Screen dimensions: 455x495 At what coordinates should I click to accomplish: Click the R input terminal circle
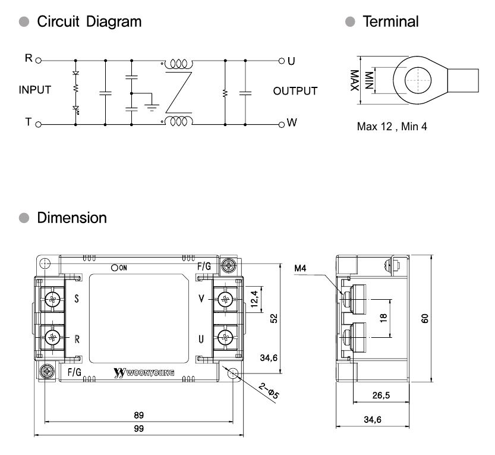point(39,61)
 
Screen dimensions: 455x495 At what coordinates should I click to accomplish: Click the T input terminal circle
point(39,124)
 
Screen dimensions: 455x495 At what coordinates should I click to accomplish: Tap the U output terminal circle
point(282,61)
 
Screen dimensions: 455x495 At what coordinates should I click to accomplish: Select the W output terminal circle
point(282,124)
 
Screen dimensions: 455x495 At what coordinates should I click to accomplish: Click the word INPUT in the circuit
point(35,91)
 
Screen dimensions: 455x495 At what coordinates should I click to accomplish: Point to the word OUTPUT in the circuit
point(295,92)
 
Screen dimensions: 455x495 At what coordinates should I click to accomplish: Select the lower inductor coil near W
point(178,122)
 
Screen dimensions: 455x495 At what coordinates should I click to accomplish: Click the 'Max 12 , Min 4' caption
point(392,127)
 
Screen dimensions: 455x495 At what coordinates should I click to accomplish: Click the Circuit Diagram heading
point(89,22)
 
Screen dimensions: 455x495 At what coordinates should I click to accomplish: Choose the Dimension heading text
point(72,218)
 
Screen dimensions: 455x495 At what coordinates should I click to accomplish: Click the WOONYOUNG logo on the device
point(143,373)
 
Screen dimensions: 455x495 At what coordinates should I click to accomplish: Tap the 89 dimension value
point(138,415)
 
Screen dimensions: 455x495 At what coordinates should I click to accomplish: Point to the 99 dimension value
point(138,428)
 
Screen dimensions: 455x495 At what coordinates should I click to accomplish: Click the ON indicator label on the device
point(121,268)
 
